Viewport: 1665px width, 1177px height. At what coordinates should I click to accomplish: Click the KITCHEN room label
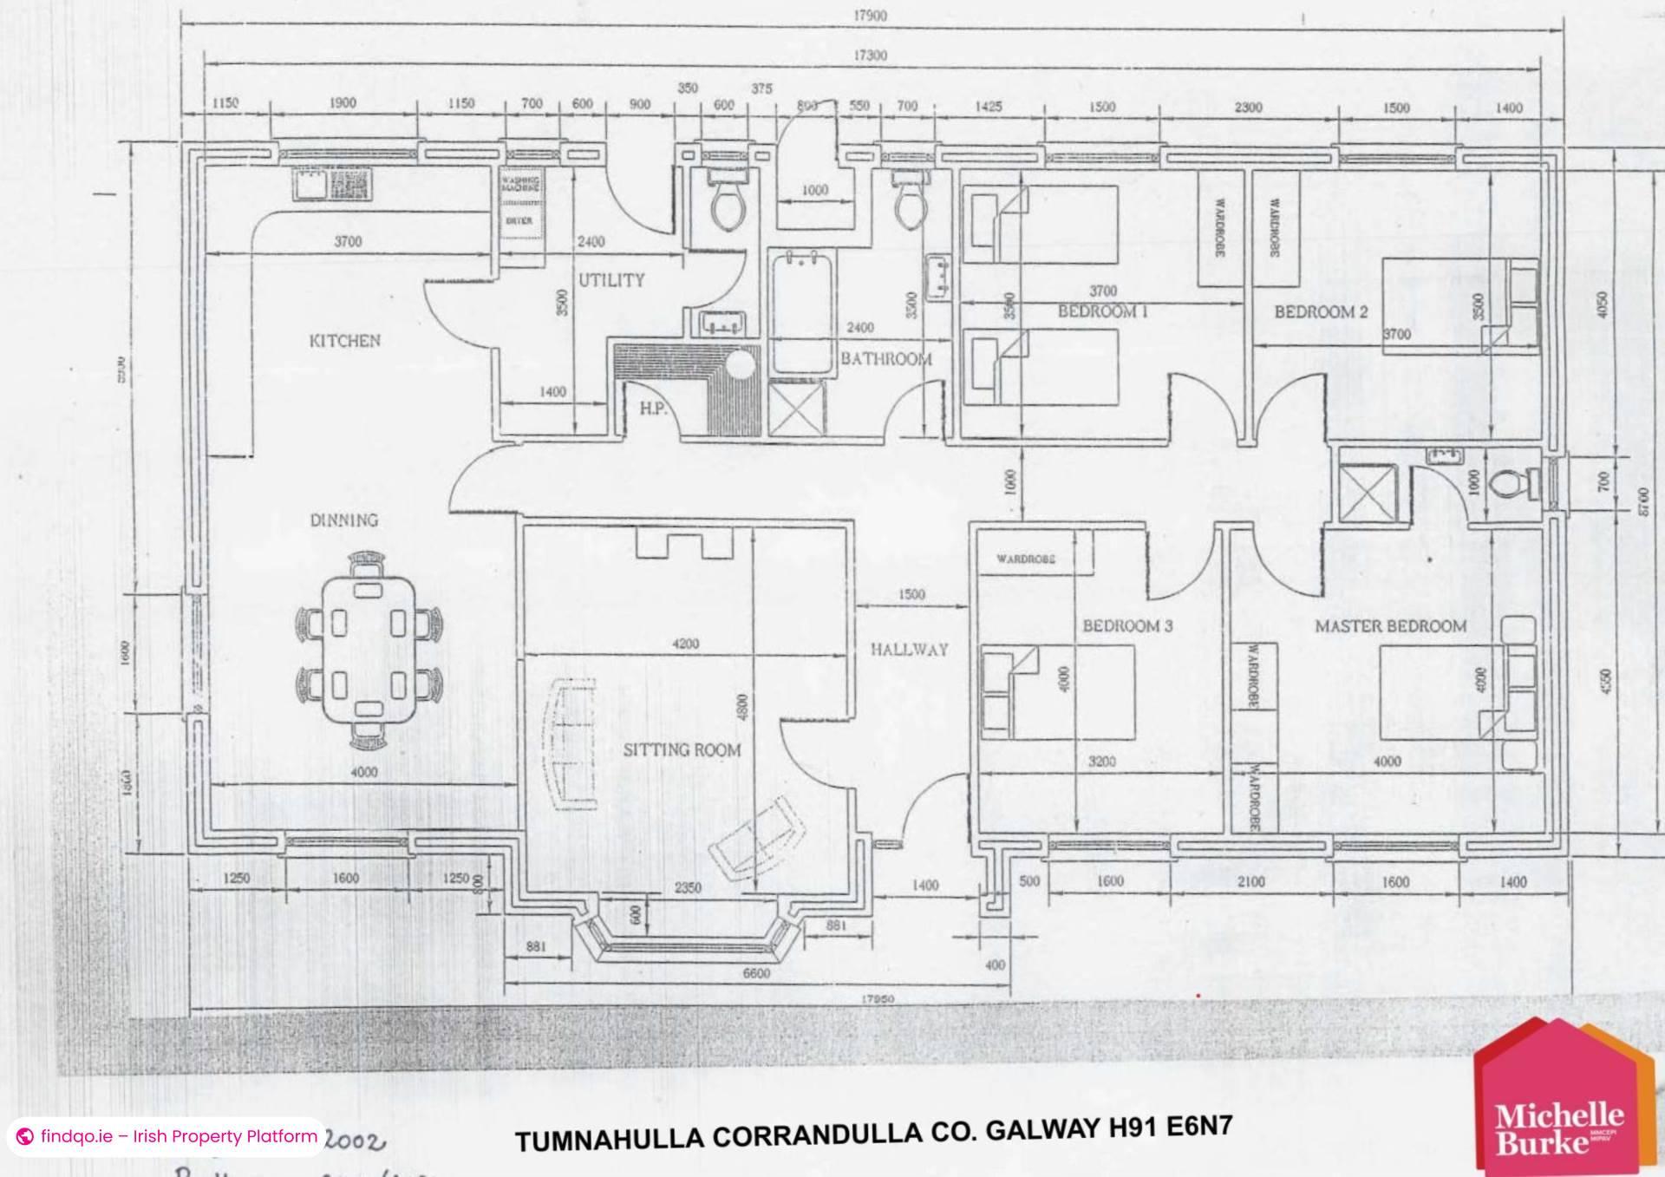344,341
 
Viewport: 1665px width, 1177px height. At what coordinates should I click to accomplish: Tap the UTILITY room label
611,280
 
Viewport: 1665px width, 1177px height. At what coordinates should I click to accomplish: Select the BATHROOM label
885,358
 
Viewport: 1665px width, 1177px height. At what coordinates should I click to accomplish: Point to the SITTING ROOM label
682,749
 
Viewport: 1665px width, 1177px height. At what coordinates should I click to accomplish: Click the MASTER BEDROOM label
1390,626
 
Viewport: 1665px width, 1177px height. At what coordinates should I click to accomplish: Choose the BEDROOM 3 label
1126,626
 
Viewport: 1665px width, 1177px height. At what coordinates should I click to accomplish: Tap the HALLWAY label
909,649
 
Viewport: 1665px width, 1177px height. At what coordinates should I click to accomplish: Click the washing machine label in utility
520,185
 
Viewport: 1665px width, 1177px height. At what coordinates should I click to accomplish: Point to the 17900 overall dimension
870,16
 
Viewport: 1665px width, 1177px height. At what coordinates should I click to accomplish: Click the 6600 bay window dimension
755,973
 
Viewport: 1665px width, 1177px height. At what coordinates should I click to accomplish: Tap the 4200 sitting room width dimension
685,644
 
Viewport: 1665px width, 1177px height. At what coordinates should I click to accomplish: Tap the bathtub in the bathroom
801,312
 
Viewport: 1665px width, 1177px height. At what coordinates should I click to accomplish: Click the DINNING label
344,520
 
